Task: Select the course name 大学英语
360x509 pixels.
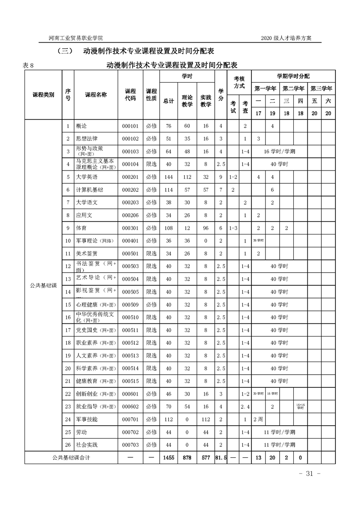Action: (x=87, y=176)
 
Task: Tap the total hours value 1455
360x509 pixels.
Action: (x=168, y=458)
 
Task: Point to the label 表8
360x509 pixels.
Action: (x=28, y=65)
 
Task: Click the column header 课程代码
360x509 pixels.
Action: (x=130, y=95)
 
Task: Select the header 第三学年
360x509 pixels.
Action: (x=321, y=88)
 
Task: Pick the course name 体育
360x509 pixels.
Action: (x=81, y=228)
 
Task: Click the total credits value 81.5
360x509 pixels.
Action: (x=221, y=458)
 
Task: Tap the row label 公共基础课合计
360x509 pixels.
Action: (x=71, y=458)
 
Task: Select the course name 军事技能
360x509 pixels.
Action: (x=87, y=419)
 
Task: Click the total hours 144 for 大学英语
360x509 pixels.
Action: (x=168, y=176)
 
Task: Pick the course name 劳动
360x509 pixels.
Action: (x=81, y=432)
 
